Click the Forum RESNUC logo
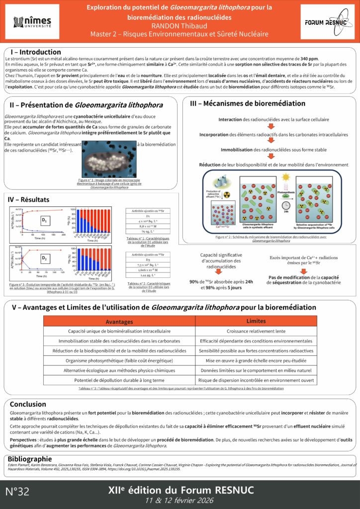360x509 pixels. (326, 22)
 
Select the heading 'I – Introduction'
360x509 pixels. (36, 52)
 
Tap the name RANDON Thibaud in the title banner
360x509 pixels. (180, 25)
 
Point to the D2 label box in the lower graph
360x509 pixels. (44, 258)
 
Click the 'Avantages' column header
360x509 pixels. (119, 321)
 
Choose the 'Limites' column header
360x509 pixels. (256, 321)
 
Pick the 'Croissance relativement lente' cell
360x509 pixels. (256, 331)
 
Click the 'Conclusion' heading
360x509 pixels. (28, 404)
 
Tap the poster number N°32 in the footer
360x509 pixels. (18, 492)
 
